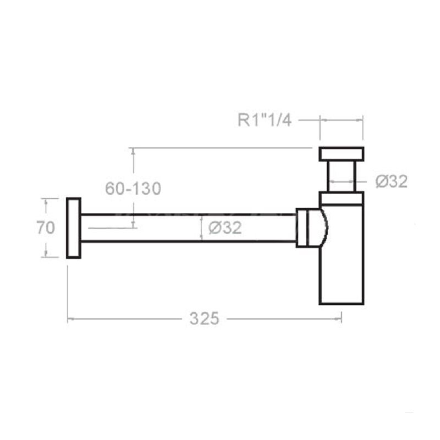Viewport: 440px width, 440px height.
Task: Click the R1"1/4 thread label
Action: pos(265,120)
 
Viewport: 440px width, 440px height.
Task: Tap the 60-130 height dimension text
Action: pos(133,188)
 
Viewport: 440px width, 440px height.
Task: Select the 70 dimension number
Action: pos(46,227)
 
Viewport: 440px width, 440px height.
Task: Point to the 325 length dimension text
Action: pos(204,319)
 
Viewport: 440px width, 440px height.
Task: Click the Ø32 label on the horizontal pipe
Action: pos(225,228)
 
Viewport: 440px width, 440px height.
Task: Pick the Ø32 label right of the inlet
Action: pos(392,182)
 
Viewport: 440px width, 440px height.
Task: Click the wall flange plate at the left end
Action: pos(74,228)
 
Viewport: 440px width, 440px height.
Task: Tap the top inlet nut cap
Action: pos(342,154)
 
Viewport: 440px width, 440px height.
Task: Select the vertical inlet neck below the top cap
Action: pos(342,177)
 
